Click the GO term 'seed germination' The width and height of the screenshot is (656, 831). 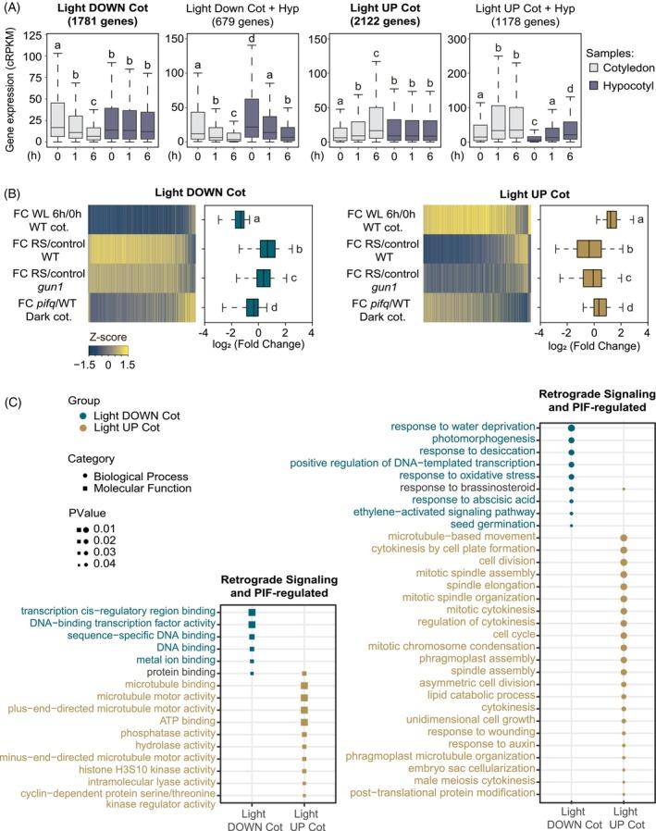(522, 525)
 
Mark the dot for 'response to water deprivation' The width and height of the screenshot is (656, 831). (572, 428)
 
